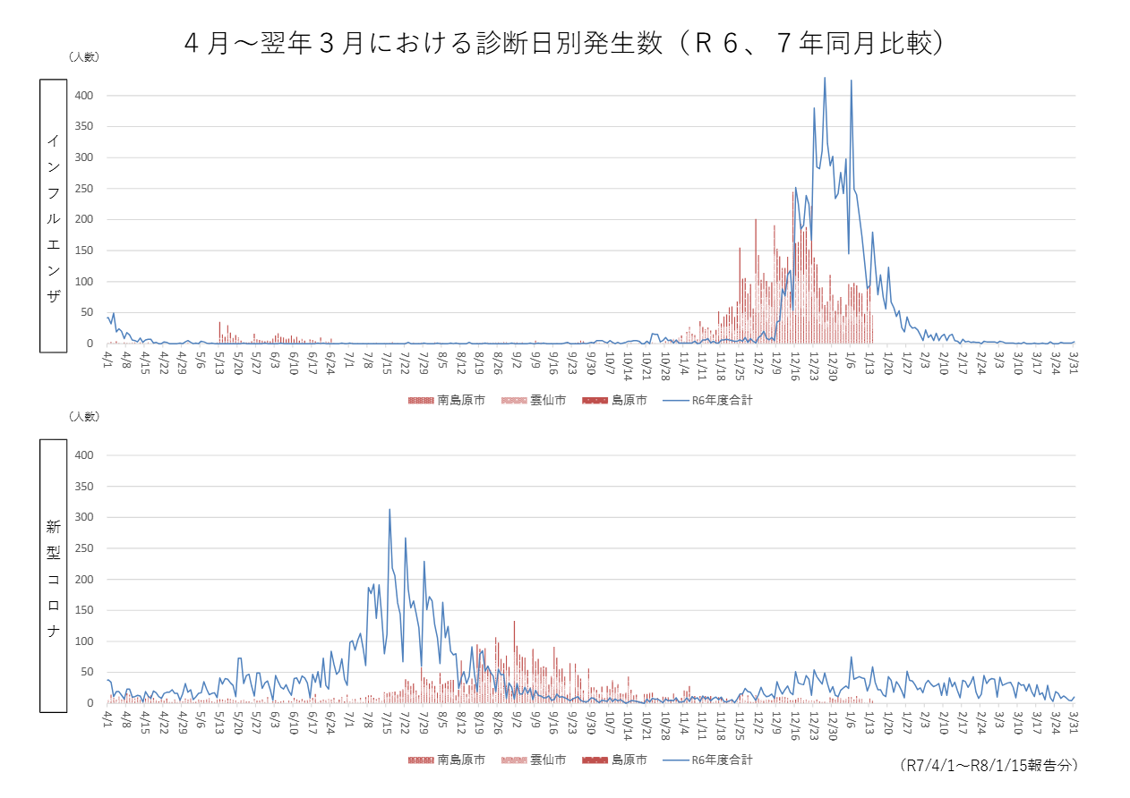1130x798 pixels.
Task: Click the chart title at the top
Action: click(x=564, y=44)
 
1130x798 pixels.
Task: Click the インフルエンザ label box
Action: click(x=53, y=216)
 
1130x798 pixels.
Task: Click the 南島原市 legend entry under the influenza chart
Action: click(x=447, y=401)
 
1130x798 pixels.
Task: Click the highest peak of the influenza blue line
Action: click(x=825, y=78)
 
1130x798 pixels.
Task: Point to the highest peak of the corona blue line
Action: click(x=390, y=510)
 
